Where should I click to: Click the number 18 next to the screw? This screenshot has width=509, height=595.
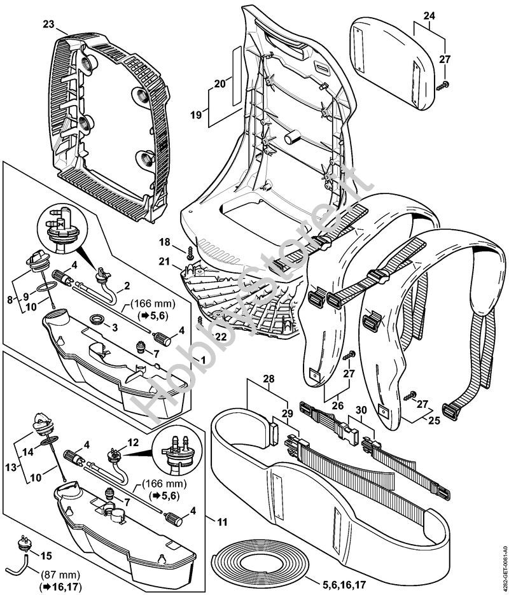click(x=165, y=242)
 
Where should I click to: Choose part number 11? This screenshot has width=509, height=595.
click(x=221, y=522)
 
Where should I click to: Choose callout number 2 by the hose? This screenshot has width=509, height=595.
click(x=127, y=286)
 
